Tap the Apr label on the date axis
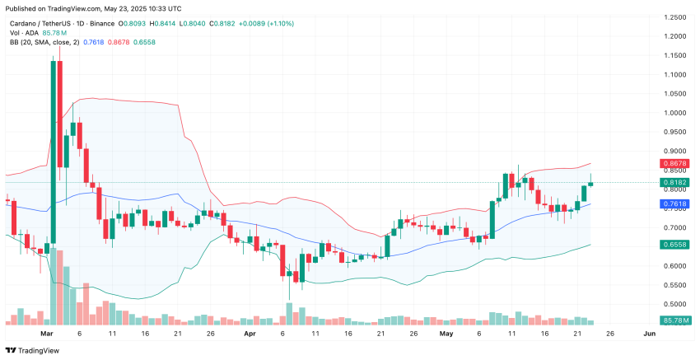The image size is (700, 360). tap(250, 334)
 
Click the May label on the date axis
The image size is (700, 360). tap(446, 334)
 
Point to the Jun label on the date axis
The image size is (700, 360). tap(649, 334)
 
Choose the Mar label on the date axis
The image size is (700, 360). tap(46, 334)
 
